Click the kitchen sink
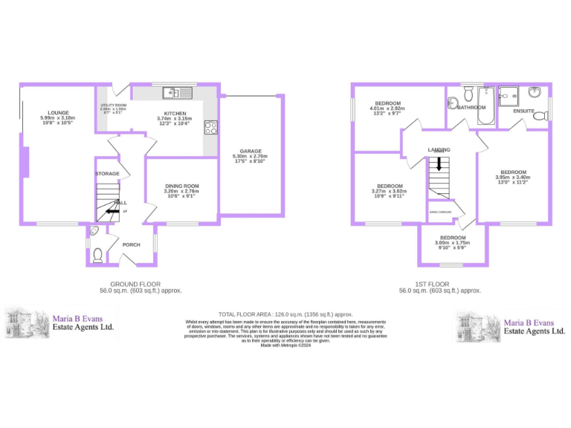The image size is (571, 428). coord(178,93)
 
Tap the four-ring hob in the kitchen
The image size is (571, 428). coord(210,127)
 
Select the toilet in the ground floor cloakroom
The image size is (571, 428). coord(97,256)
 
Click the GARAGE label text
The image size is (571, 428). coord(250,151)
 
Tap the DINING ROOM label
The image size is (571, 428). coord(181,186)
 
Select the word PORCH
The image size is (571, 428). coord(132,244)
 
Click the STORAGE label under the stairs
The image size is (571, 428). coord(107,174)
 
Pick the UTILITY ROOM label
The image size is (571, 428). coord(114,106)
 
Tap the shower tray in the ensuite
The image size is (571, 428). coord(509,96)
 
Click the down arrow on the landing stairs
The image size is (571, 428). coord(439,163)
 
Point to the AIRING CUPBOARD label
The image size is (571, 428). coord(441,212)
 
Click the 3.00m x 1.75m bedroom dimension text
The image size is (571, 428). coord(453,242)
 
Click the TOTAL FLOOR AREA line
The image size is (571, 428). coord(285,314)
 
